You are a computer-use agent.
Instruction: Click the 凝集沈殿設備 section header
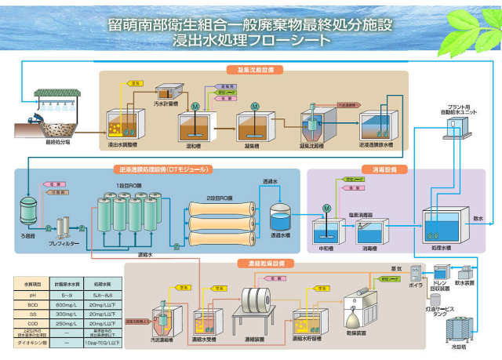(x=253, y=70)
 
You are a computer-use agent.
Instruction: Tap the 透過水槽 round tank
(x=280, y=217)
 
